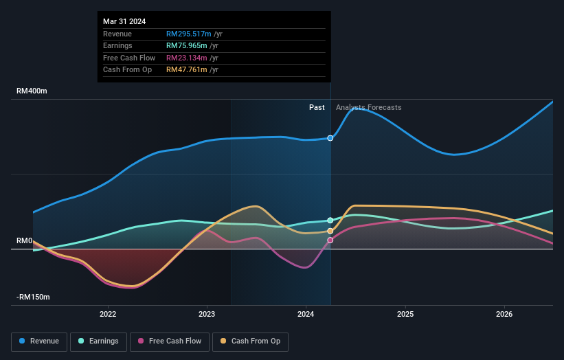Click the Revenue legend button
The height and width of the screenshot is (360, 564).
(x=39, y=341)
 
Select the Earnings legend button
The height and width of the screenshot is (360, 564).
(x=98, y=341)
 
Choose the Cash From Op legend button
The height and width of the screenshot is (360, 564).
(x=251, y=341)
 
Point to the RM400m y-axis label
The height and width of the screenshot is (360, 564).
(x=32, y=91)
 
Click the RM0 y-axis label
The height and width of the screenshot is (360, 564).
(x=25, y=240)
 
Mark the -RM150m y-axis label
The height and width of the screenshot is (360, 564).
(x=33, y=297)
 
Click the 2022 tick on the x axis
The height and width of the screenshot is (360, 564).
(x=108, y=314)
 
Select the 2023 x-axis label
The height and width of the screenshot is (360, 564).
(x=207, y=314)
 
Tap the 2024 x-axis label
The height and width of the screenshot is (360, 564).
(x=306, y=314)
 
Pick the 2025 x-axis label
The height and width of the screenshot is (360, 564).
(x=405, y=314)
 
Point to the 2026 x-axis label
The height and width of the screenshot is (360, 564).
(x=504, y=314)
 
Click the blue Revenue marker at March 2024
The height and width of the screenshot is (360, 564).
(x=330, y=138)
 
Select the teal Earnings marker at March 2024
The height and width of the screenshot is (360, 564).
(x=330, y=221)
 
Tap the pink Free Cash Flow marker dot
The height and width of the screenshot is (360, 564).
(x=330, y=240)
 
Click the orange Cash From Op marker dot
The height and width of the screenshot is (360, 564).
(x=330, y=231)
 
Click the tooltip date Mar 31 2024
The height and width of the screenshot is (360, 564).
(x=124, y=22)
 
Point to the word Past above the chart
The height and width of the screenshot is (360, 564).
(x=317, y=107)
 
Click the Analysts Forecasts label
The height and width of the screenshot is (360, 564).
(x=369, y=107)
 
